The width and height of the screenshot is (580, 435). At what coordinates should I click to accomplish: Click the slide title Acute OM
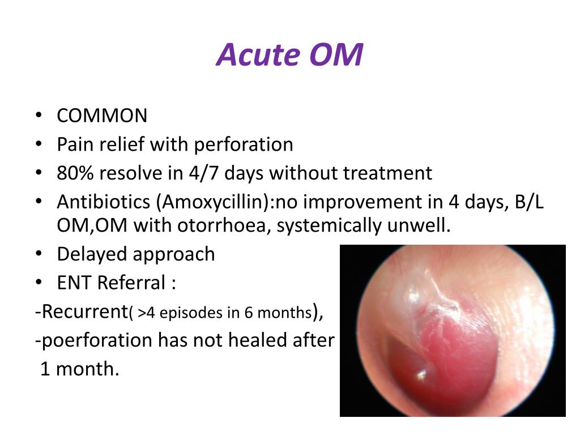coord(289,55)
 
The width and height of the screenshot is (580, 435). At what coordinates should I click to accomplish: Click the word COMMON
coord(102,116)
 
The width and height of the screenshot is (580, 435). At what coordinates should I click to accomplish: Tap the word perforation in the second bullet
coord(244,144)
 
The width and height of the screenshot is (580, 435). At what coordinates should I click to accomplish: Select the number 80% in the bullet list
coord(71,172)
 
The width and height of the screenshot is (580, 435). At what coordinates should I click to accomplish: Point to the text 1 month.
coord(79,369)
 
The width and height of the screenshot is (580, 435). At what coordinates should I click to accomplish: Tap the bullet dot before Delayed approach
coord(38,254)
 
